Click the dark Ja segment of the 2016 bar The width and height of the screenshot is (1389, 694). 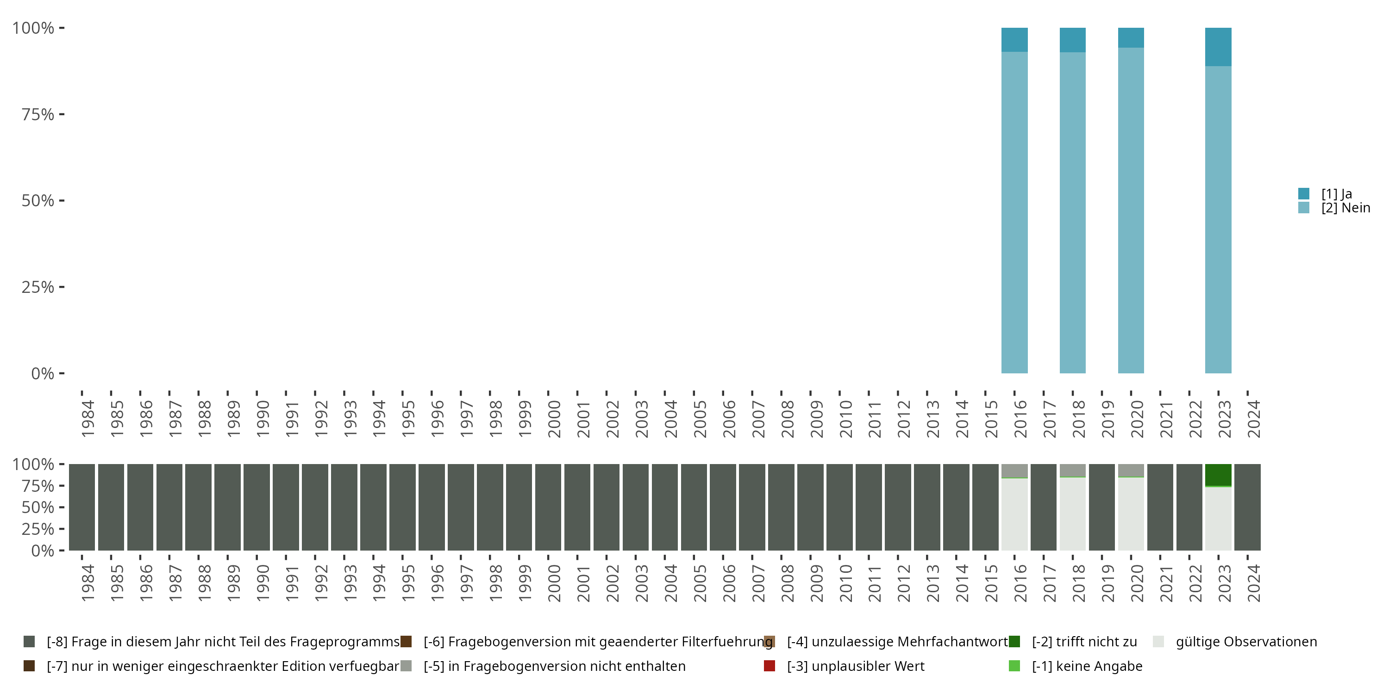(x=1014, y=40)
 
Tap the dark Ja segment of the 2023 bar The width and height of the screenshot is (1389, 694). (x=1218, y=47)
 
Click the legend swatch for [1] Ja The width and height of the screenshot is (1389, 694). (x=1304, y=193)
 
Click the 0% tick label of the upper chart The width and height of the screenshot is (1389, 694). (x=43, y=373)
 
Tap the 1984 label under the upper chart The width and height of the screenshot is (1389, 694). (x=88, y=419)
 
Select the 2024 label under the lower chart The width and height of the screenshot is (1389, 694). (x=1254, y=583)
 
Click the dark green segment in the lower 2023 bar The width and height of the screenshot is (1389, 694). (x=1218, y=475)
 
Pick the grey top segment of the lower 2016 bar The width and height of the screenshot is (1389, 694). (x=1014, y=471)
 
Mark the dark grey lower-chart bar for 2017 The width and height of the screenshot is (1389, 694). (x=1043, y=507)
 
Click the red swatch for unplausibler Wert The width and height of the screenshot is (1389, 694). (x=770, y=666)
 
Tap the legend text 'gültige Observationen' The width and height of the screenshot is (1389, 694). (x=1246, y=642)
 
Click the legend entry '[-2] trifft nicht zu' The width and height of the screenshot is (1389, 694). (x=1084, y=642)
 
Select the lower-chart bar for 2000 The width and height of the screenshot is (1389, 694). (x=548, y=507)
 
